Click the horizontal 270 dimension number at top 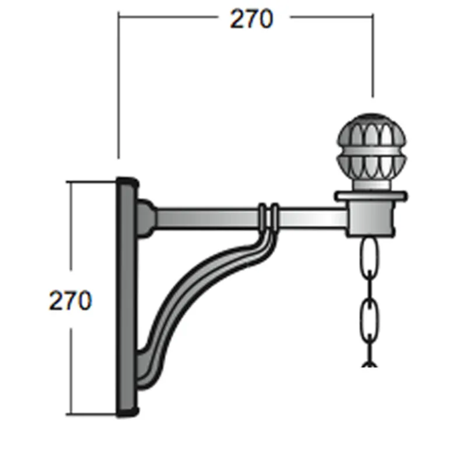(x=251, y=19)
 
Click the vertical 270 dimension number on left (x=71, y=300)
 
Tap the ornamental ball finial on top (x=371, y=151)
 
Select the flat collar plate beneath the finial (x=371, y=196)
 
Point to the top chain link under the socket (x=370, y=258)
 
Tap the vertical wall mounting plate (x=127, y=297)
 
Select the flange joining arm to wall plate (x=146, y=219)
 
